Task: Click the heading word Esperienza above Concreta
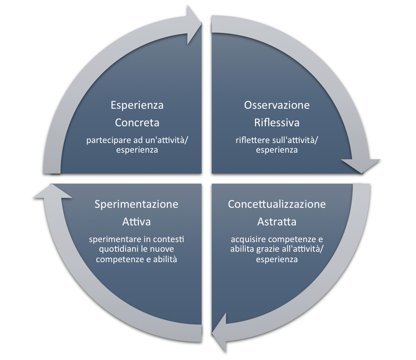click(137, 105)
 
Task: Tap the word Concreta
click(137, 123)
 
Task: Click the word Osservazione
click(277, 105)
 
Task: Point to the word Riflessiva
click(277, 123)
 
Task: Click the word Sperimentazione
click(136, 204)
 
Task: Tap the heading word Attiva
click(136, 222)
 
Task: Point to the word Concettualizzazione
click(277, 204)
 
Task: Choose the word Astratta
click(277, 222)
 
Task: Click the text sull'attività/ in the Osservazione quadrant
click(293, 140)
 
